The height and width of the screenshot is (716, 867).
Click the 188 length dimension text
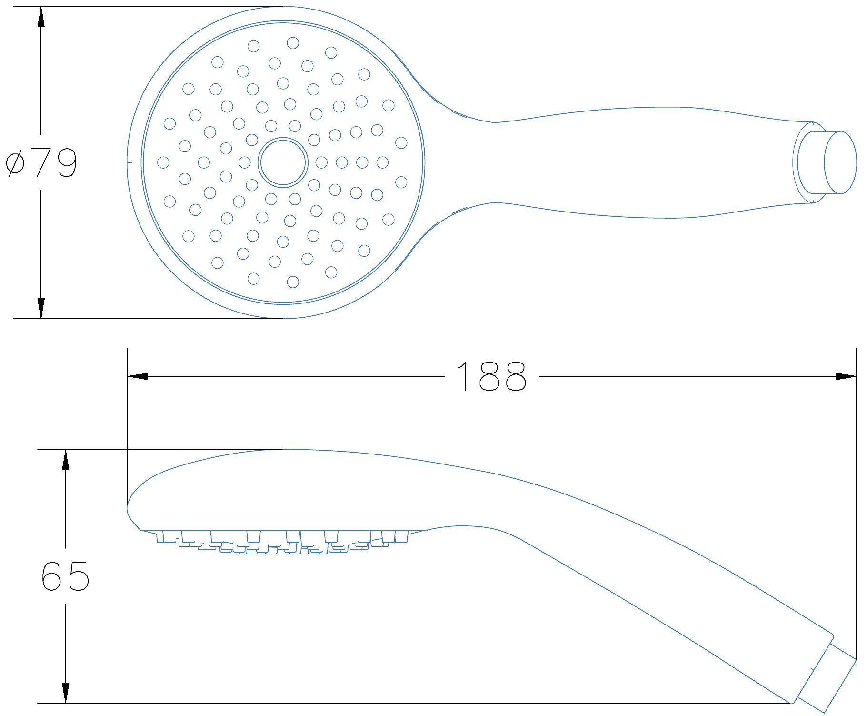[x=492, y=376]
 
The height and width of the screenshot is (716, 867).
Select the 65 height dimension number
[x=65, y=575]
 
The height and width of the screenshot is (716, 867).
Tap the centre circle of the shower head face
[x=283, y=162]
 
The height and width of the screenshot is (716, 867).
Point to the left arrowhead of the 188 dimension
[x=138, y=376]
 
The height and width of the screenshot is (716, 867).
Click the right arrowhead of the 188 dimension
[x=846, y=376]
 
